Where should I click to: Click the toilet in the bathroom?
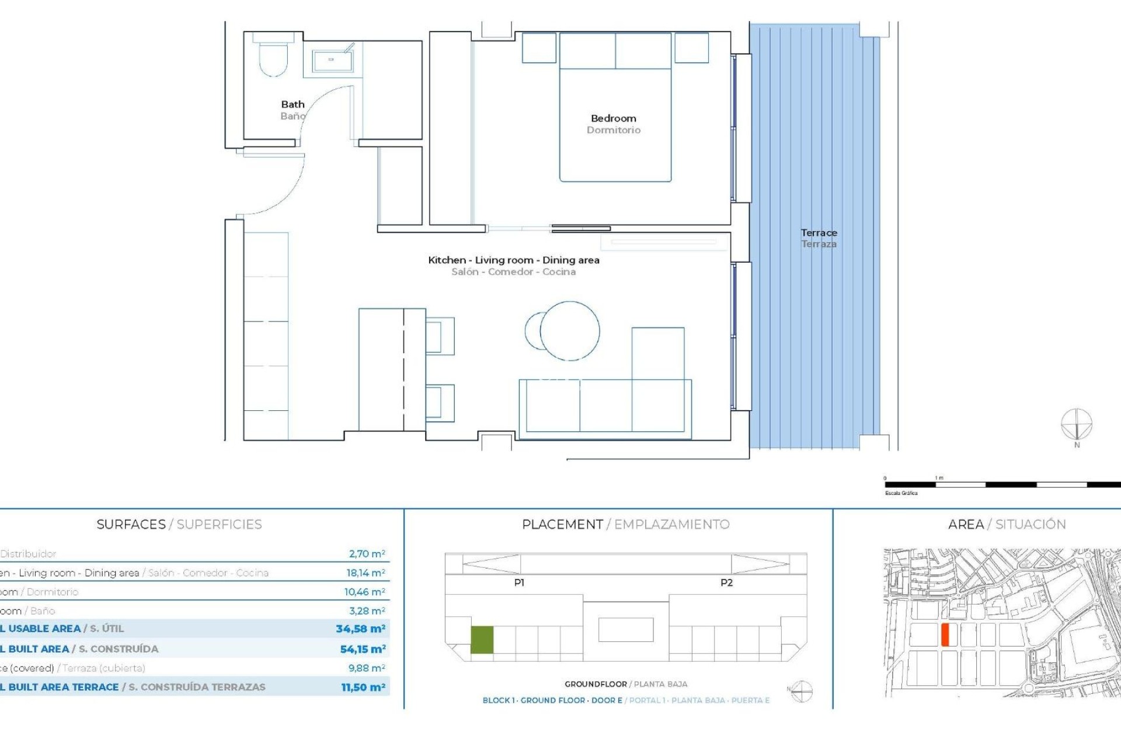[x=273, y=58]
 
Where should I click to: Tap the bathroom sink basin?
[x=331, y=60]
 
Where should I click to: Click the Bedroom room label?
[x=613, y=118]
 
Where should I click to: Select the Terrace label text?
[x=819, y=233]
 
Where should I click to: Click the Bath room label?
[x=293, y=104]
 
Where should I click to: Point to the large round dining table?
[x=570, y=330]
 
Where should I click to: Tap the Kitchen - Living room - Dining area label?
[x=513, y=260]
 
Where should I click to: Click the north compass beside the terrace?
[x=1076, y=425]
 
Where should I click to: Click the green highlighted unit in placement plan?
[x=482, y=640]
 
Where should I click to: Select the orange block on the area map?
[x=945, y=634]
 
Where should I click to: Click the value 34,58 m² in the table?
[x=360, y=629]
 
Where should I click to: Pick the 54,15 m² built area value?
[x=363, y=649]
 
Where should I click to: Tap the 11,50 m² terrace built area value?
[x=363, y=687]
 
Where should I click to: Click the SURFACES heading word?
[x=131, y=525]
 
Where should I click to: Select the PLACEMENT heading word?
[x=562, y=525]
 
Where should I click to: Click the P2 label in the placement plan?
[x=726, y=582]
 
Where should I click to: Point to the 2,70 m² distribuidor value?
[x=367, y=554]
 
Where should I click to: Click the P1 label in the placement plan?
[x=519, y=582]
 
